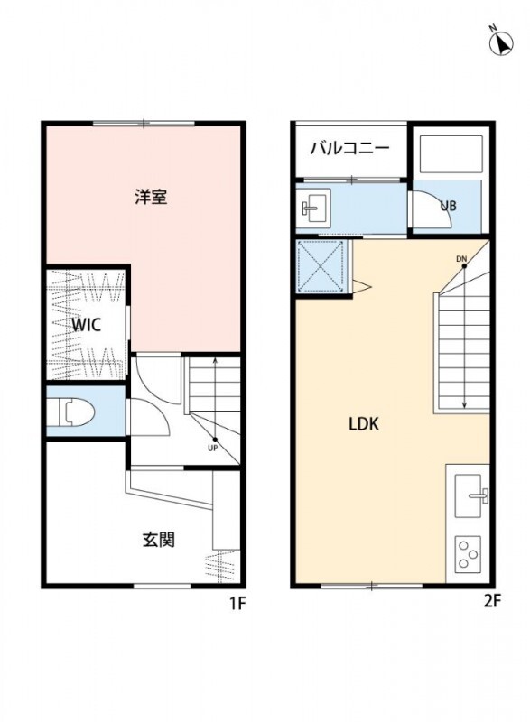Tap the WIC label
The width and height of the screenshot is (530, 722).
(x=86, y=324)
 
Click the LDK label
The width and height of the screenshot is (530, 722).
(x=364, y=423)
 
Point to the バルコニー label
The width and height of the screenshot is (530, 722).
(x=350, y=148)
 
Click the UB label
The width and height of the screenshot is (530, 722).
(x=448, y=205)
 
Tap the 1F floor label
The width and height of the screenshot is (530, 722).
(x=237, y=604)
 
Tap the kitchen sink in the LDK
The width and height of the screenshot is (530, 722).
(x=471, y=497)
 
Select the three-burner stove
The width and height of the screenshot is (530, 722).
(x=468, y=552)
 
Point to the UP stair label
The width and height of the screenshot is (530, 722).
(x=214, y=447)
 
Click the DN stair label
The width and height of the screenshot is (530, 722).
(x=461, y=260)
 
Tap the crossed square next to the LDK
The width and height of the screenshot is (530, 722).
(x=322, y=265)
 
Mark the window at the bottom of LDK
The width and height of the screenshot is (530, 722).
(x=371, y=587)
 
